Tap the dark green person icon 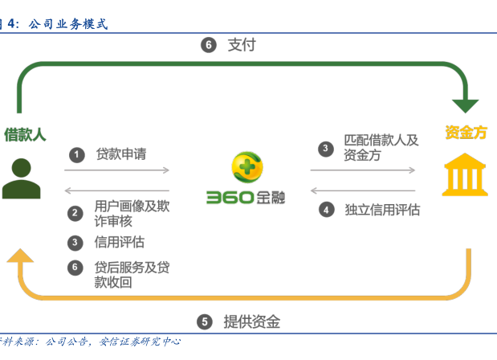pos(21,178)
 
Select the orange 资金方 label pos(466,133)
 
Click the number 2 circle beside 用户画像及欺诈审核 pos(75,213)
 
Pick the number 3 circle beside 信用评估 pos(75,242)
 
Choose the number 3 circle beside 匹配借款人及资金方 pos(325,148)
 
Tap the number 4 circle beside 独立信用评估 pos(325,210)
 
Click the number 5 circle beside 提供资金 pos(206,322)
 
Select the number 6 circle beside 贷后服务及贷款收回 pos(75,268)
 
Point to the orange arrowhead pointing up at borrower pos(21,256)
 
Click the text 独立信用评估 pos(382,210)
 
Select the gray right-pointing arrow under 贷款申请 pos(117,170)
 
